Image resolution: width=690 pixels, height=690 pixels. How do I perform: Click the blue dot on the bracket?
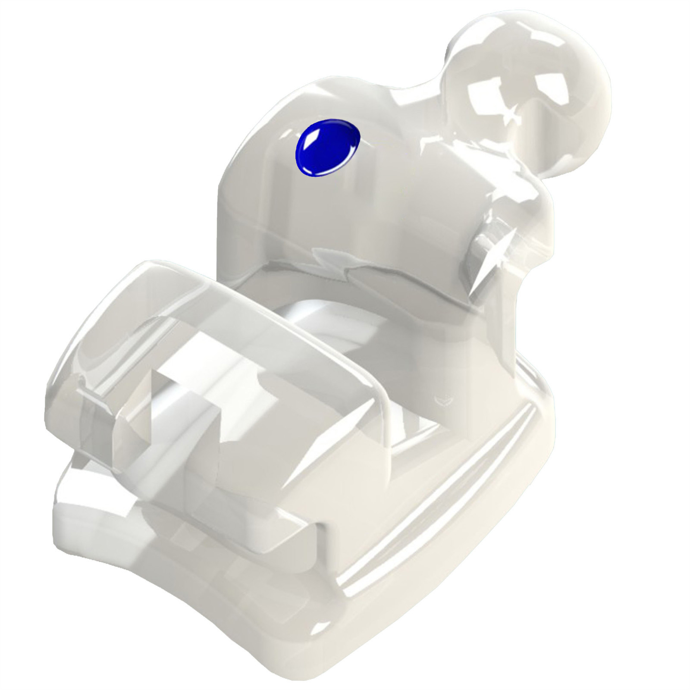(x=328, y=148)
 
